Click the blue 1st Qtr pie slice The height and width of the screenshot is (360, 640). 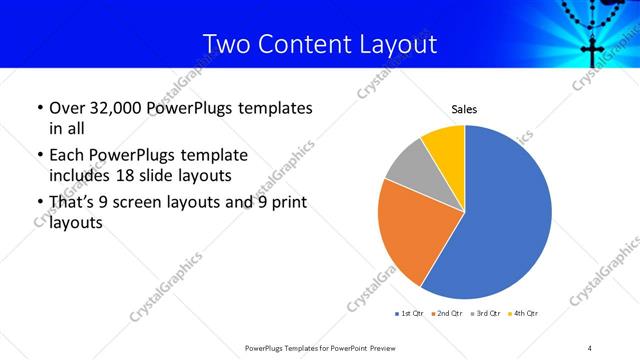(x=505, y=215)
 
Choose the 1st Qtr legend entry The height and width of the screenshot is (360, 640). (x=411, y=314)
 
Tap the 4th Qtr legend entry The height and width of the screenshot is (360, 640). (x=525, y=314)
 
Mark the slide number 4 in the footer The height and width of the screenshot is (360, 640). (x=590, y=347)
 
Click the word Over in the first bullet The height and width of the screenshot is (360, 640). (x=66, y=107)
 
